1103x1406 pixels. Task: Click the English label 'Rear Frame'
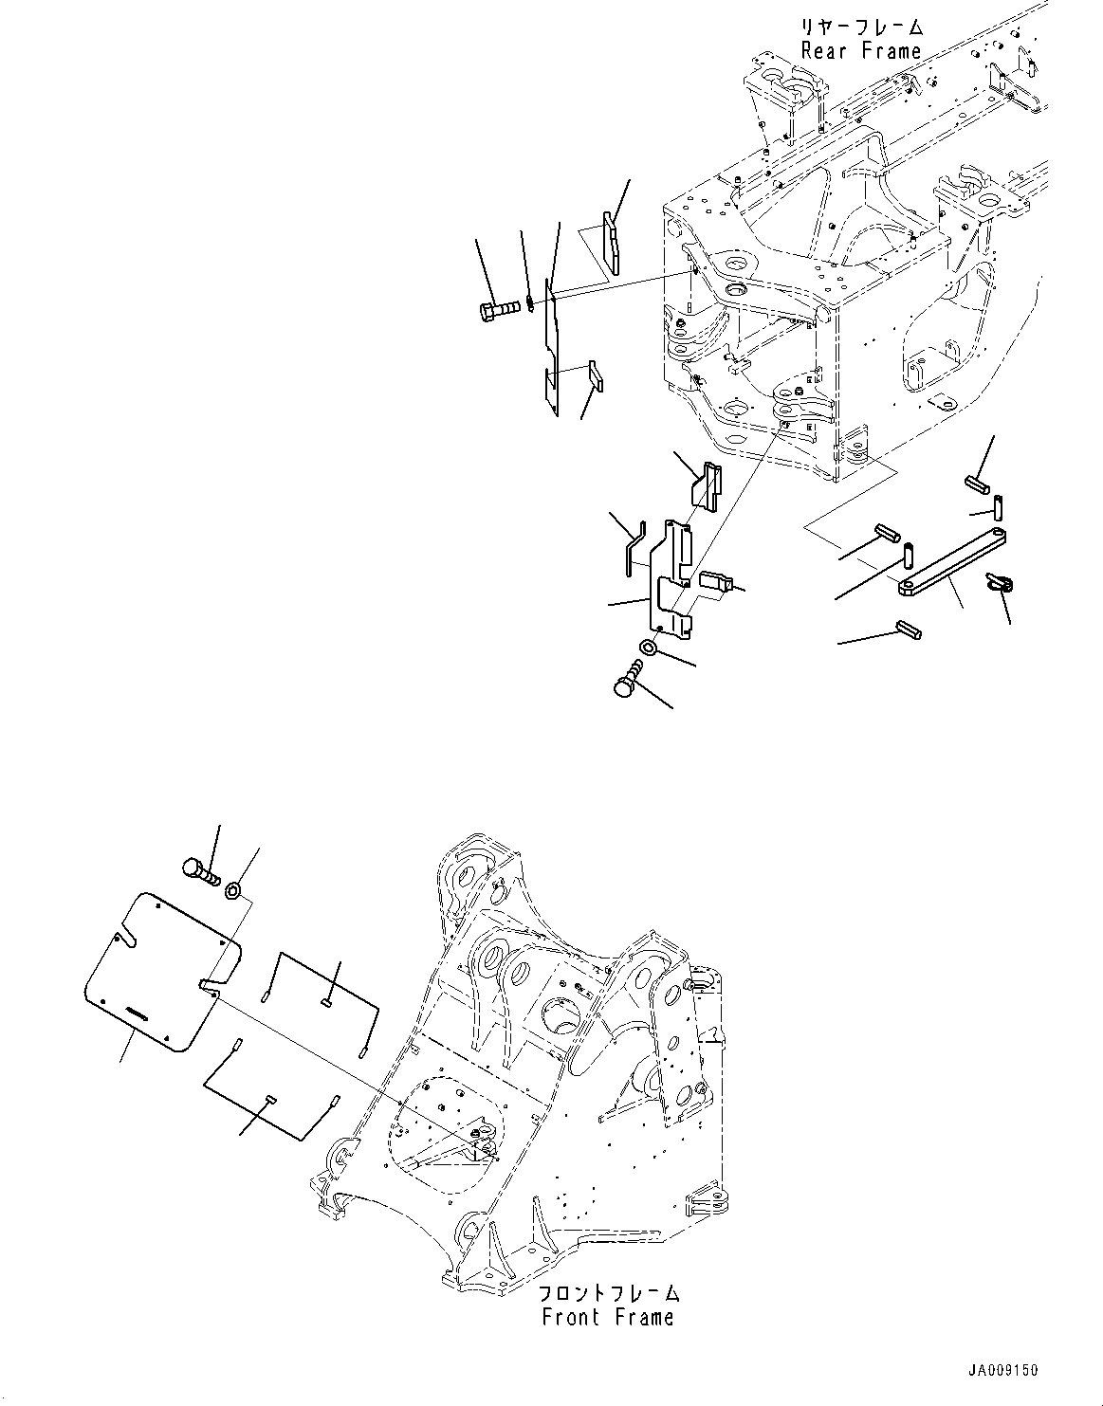[x=860, y=51]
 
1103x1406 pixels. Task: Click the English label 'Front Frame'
[x=607, y=1317]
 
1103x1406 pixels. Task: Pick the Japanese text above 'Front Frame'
[x=608, y=1293]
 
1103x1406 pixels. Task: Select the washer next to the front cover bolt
[x=233, y=891]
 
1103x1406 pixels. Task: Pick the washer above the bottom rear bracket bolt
[x=649, y=648]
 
